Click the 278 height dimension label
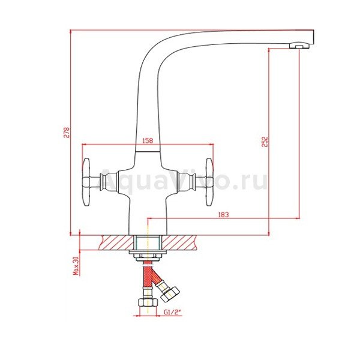(x=67, y=132)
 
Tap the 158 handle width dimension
(x=148, y=140)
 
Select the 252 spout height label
(x=265, y=142)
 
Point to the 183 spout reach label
(x=223, y=215)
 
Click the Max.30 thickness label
(x=76, y=266)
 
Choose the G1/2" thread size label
(x=173, y=312)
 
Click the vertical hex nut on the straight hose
(x=148, y=302)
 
